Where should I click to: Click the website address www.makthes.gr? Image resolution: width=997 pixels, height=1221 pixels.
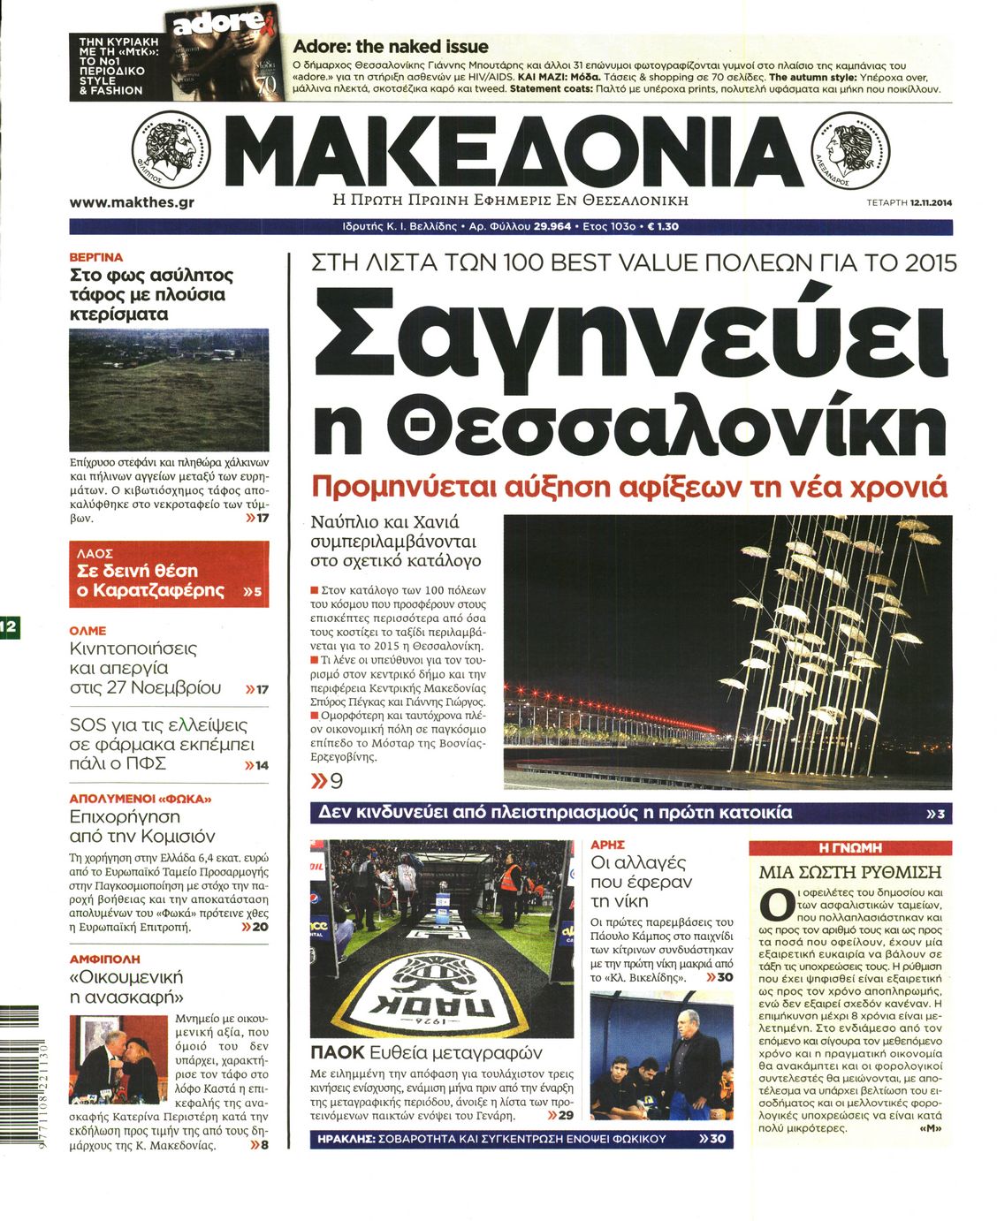pyautogui.click(x=132, y=202)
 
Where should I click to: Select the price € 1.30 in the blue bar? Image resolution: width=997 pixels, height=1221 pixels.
pyautogui.click(x=663, y=227)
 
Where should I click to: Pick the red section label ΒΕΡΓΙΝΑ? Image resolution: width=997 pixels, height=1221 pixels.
pyautogui.click(x=96, y=257)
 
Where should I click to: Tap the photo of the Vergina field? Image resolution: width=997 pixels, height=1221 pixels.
pyautogui.click(x=169, y=389)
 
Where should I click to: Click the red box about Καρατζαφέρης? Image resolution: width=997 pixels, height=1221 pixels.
pyautogui.click(x=169, y=574)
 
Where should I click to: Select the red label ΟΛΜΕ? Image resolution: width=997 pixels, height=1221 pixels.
pyautogui.click(x=88, y=631)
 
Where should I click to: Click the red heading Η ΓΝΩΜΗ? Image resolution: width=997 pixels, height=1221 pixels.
pyautogui.click(x=850, y=847)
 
